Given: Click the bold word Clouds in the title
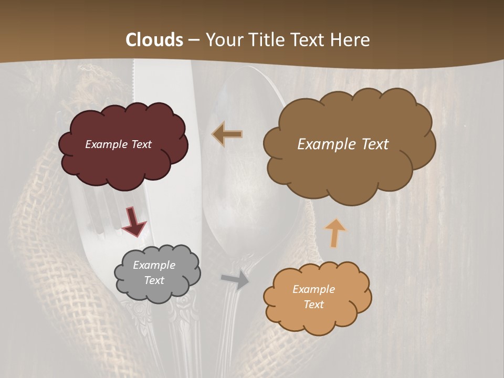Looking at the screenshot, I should point(154,40).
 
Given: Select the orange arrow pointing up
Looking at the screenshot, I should point(335,233).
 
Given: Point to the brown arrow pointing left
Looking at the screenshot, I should point(227,134).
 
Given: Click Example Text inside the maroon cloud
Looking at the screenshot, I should point(118,144).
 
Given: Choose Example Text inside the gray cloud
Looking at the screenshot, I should point(154,273).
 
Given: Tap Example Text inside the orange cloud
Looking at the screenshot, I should point(313,297).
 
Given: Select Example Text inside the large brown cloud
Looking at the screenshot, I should point(343,144).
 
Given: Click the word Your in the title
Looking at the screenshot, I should point(222,40).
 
